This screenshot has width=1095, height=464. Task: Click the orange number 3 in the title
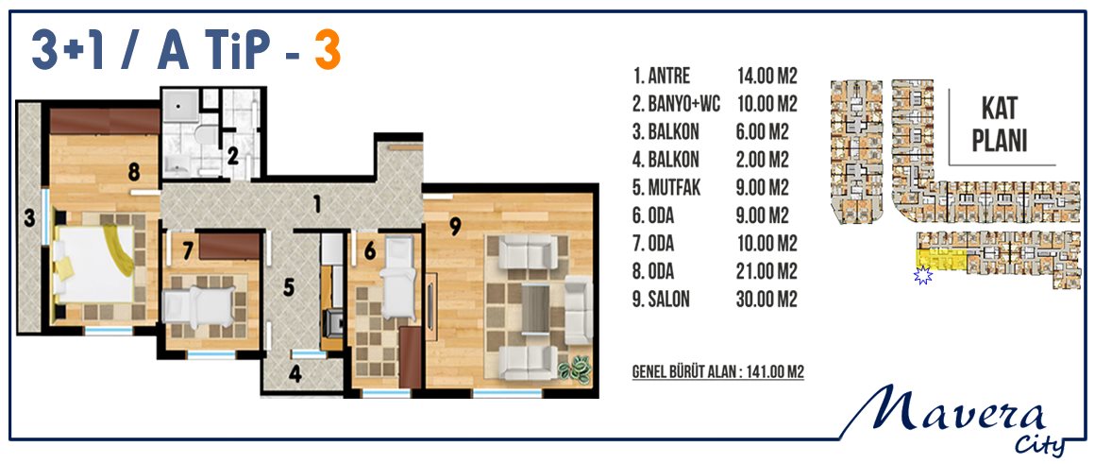pos(328,51)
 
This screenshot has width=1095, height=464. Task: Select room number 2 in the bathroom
pos(232,156)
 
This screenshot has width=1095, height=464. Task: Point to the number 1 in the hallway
pos(316,204)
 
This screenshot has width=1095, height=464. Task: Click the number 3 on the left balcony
pos(29,218)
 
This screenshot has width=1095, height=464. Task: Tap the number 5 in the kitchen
pos(289,287)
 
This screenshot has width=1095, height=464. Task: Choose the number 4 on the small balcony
pos(295,374)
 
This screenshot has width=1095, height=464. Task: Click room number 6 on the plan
pos(370,248)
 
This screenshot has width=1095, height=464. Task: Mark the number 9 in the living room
pos(455,226)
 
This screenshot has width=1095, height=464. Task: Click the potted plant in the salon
pos(576,369)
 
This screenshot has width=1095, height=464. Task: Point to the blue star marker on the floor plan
pos(923,275)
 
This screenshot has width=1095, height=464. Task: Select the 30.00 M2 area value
pos(766,299)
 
